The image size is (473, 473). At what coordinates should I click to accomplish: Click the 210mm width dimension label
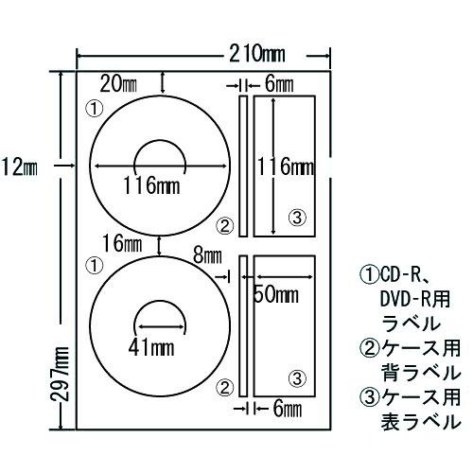pos(257,54)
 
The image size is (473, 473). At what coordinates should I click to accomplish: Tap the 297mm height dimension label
pos(60,374)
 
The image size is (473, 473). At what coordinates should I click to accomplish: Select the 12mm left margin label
pos(19,166)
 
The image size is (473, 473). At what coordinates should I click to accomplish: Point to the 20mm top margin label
pos(118,84)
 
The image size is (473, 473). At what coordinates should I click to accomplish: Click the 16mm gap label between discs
pos(122,243)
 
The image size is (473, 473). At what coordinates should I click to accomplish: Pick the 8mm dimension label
pos(207,255)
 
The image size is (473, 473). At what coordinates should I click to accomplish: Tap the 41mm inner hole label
pos(151,347)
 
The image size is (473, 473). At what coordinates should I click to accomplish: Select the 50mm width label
pos(276,295)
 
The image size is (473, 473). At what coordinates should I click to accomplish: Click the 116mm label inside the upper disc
pos(151,185)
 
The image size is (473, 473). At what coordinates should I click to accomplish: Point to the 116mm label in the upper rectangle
pos(286,166)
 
